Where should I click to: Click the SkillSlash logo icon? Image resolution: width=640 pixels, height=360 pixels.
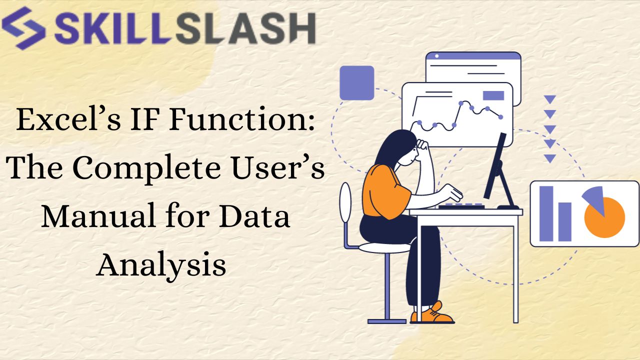(x=23, y=27)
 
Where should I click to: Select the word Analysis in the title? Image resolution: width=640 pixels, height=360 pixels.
(x=161, y=264)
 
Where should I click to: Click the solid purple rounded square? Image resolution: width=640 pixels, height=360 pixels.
(x=356, y=82)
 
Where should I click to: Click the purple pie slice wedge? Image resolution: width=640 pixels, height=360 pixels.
(x=594, y=198)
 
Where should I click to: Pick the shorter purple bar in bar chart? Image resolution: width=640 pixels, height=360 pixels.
(x=564, y=221)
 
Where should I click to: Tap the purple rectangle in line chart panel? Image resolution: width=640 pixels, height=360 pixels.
(x=493, y=95)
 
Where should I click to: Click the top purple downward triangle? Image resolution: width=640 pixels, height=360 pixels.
(x=550, y=99)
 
